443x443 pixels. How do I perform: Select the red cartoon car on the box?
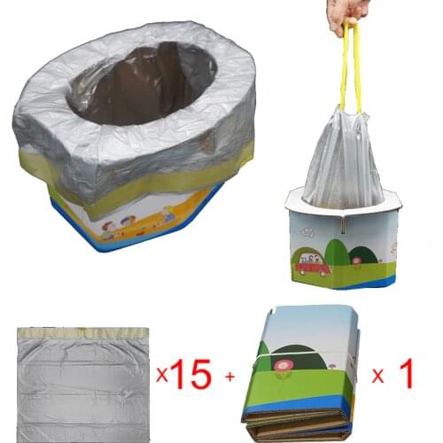313,266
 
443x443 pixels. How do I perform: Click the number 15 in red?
190,377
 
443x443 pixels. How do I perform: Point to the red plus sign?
230,378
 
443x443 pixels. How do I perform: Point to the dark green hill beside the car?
337,253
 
